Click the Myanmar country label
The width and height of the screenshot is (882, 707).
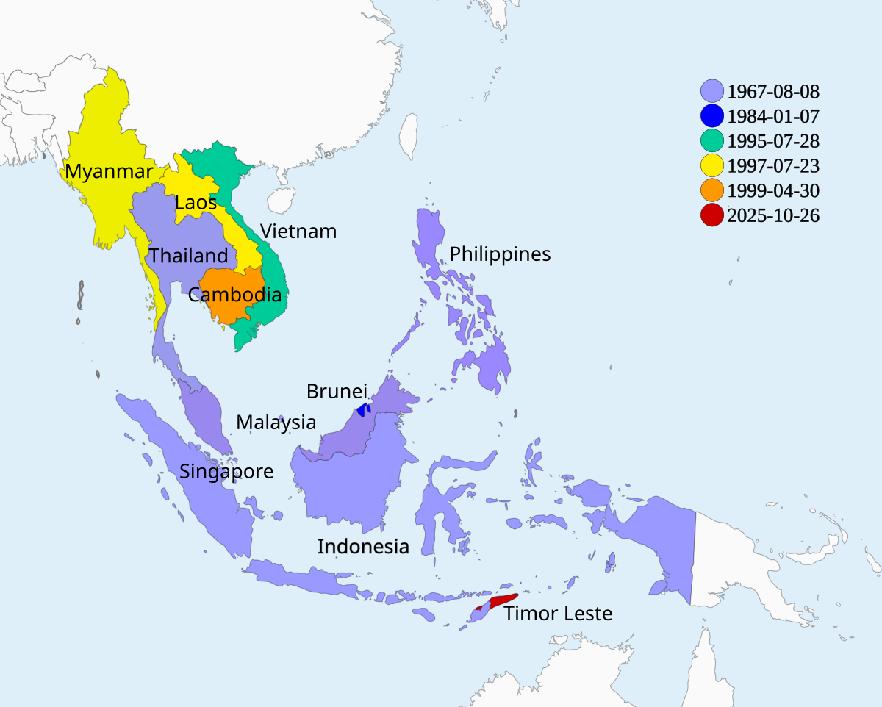[x=109, y=172]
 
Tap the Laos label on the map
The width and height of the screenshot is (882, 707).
[x=196, y=202]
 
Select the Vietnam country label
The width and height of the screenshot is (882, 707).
[x=298, y=232]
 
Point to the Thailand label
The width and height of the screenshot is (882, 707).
[x=188, y=256]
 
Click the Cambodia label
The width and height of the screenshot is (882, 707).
[x=234, y=295]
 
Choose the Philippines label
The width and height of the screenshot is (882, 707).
[x=500, y=254]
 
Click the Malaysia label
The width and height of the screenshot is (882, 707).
[x=276, y=423]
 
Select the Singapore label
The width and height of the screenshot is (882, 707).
[x=226, y=472]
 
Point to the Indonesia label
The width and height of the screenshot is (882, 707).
[x=363, y=547]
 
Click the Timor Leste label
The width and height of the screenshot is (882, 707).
[x=558, y=614]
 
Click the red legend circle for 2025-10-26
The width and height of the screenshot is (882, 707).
[x=711, y=215]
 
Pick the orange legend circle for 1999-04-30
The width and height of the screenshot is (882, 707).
[x=711, y=190]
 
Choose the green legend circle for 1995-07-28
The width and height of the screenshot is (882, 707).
[x=711, y=140]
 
